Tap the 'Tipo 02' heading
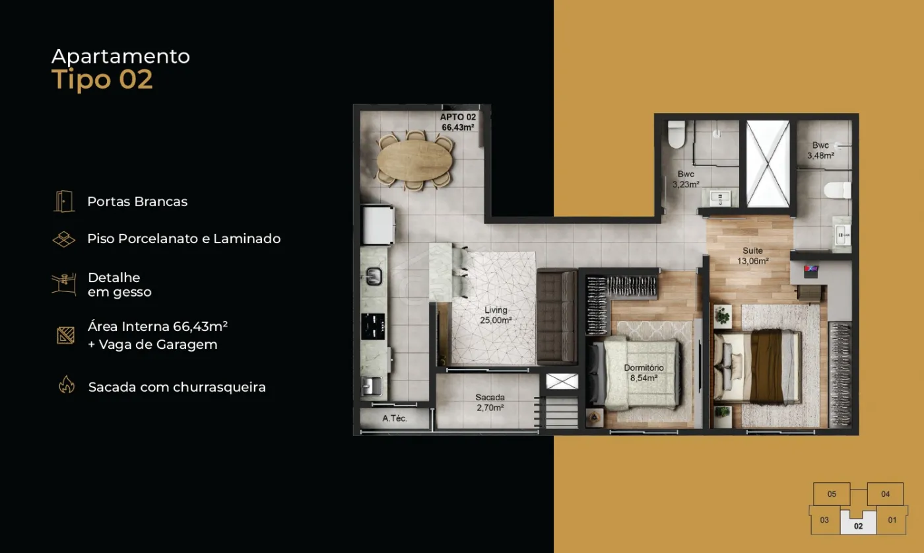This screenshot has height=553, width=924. pos(102,80)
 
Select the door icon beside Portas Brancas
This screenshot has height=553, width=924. pos(64,201)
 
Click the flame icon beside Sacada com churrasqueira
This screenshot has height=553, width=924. pos(67,385)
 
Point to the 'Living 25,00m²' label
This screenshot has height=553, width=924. pos(496,315)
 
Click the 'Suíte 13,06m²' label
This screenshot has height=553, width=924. pos(753,256)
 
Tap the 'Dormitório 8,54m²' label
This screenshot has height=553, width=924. pos(643,373)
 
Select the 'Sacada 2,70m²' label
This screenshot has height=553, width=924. pos(490,402)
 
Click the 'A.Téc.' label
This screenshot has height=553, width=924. pos(395,418)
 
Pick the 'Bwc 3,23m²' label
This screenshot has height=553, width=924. pos(686,179)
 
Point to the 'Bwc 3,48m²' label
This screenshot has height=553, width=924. pos(820,151)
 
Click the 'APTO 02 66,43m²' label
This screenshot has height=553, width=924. pos(458,122)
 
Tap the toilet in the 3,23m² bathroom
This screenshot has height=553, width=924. pos(676,134)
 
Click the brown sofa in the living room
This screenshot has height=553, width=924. pos(557,317)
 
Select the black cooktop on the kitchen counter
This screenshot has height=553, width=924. pos(373,326)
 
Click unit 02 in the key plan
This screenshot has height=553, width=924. pos(858,523)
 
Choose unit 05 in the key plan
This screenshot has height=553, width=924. pos(832,494)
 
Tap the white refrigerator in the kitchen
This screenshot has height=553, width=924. pos(378,225)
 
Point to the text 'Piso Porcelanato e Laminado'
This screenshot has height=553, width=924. pos(184,239)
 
